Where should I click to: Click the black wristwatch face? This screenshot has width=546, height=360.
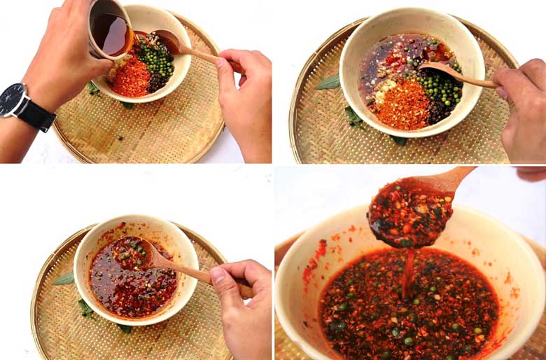(x=12, y=99)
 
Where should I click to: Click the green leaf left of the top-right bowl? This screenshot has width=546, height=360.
(x=328, y=82)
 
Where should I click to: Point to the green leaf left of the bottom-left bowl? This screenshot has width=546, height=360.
(x=64, y=279)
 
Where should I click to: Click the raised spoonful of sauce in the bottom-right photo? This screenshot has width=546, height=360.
(x=409, y=214)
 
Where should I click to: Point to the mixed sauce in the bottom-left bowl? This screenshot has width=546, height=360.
(x=133, y=287)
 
